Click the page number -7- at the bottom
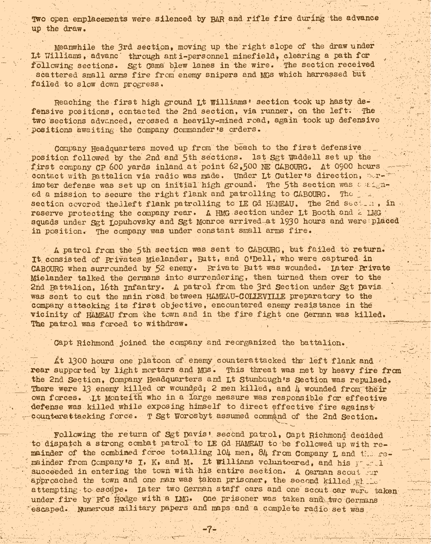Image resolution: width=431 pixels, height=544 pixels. click(209, 529)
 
